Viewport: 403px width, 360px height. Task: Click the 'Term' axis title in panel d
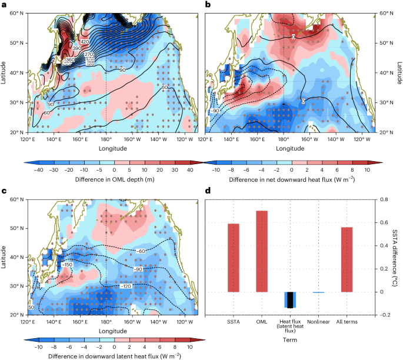coord(290,339)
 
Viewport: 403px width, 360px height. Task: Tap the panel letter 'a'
coord(4,4)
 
